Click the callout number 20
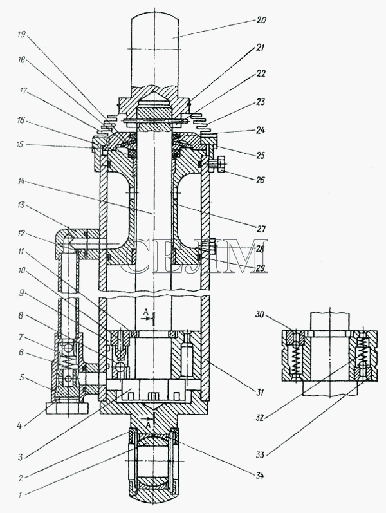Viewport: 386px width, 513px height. [x=261, y=20]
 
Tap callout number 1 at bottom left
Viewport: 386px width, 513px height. [x=20, y=495]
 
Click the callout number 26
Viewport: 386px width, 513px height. [x=260, y=180]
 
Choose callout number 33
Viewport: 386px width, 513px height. [x=260, y=454]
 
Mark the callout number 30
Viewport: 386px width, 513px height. [x=260, y=314]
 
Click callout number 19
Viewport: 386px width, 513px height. [x=23, y=35]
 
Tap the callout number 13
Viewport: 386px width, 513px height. [x=21, y=205]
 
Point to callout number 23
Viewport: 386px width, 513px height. [x=260, y=102]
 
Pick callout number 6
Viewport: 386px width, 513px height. [x=21, y=352]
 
